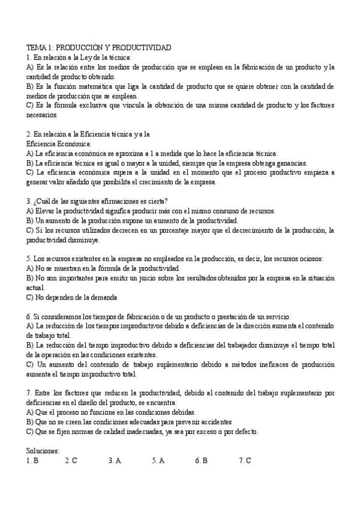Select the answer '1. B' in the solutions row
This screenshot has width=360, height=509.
click(32, 460)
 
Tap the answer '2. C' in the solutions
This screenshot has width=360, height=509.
click(71, 460)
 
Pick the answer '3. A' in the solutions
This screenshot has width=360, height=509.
click(115, 460)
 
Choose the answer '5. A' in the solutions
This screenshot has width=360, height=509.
click(158, 460)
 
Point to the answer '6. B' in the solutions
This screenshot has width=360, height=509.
click(202, 460)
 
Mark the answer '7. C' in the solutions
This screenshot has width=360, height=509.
click(244, 460)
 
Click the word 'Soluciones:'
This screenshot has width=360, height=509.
click(43, 450)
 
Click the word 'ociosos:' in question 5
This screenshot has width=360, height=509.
click(311, 259)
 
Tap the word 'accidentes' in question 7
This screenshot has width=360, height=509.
click(214, 422)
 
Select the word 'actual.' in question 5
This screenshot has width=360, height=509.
click(36, 288)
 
